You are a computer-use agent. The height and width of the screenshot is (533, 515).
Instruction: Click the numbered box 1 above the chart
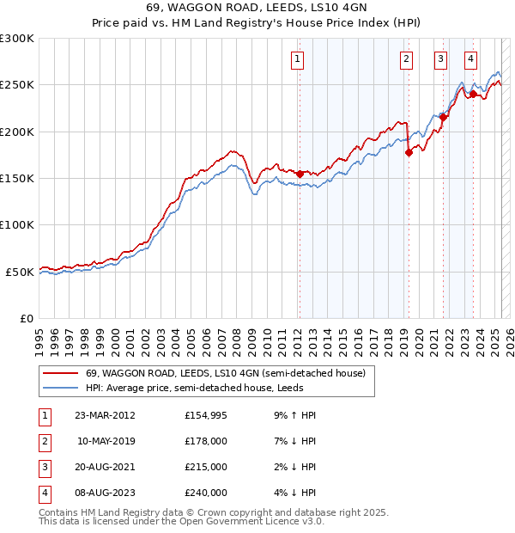pyautogui.click(x=297, y=59)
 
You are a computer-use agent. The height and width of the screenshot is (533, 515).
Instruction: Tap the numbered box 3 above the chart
pyautogui.click(x=440, y=59)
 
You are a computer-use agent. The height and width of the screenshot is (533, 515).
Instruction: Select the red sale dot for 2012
pyautogui.click(x=300, y=174)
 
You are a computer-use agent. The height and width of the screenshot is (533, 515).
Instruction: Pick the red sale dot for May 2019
pyautogui.click(x=409, y=152)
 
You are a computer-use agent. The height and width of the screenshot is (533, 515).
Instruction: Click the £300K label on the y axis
pyautogui.click(x=17, y=39)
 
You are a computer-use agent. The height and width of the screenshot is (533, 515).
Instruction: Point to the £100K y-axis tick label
pyautogui.click(x=17, y=224)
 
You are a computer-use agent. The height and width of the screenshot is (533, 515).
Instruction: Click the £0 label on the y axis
pyautogui.click(x=26, y=318)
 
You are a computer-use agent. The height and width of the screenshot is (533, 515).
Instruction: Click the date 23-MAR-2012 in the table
pyautogui.click(x=105, y=415)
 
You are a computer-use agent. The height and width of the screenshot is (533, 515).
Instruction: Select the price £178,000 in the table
pyautogui.click(x=206, y=441)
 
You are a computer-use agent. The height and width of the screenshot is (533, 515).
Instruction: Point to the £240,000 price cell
pyautogui.click(x=206, y=493)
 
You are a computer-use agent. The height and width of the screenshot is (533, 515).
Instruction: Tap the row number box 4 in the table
pyautogui.click(x=43, y=493)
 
